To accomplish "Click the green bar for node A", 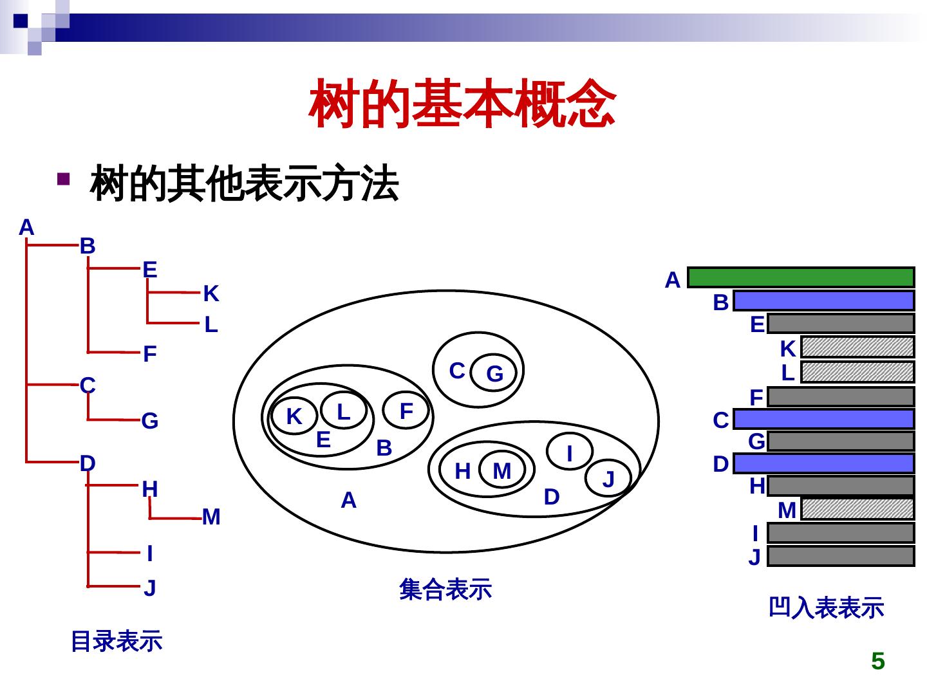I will pos(801,277).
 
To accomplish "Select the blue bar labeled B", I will pos(823,301).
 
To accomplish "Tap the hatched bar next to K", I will pos(857,347).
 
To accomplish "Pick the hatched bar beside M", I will pos(857,509).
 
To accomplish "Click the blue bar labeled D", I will pos(823,463).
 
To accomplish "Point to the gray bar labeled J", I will pos(841,556).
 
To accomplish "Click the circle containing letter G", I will pos(494,373).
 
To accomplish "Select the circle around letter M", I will pos(502,471).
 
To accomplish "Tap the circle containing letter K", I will pos(294,416).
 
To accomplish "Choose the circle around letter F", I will pos(406,411).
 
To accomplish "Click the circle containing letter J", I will pos(608,478).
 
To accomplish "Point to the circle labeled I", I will pos(570,453).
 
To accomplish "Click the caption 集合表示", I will pos(445,589).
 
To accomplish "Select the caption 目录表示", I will pos(117,641).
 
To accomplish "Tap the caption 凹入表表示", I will pos(827,608).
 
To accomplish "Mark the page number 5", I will pos(877,662).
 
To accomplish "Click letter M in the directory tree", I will pos(211,517).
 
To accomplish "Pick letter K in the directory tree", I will pos(211,293).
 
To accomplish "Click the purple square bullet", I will pos(62,178).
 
